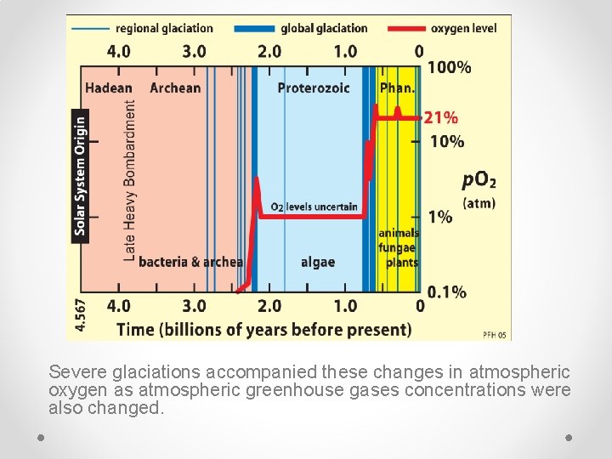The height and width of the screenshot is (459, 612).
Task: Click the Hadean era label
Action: pyautogui.click(x=108, y=88)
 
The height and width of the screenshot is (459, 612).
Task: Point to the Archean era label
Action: pyautogui.click(x=175, y=88)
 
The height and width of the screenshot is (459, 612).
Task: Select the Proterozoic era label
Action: pyautogui.click(x=314, y=88)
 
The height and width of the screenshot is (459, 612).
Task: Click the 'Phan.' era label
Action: pyautogui.click(x=397, y=88)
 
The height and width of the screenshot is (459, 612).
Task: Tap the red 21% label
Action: pyautogui.click(x=441, y=118)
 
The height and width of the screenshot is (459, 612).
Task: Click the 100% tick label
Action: pyautogui.click(x=449, y=67)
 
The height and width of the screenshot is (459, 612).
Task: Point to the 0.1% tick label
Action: pyautogui.click(x=446, y=292)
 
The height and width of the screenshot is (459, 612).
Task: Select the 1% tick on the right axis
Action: pyautogui.click(x=440, y=217)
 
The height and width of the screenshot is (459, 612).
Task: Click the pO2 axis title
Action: pyautogui.click(x=479, y=180)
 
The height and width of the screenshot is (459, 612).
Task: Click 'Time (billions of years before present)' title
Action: pyautogui.click(x=263, y=329)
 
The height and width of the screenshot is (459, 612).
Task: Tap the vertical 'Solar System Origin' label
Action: pyautogui.click(x=80, y=175)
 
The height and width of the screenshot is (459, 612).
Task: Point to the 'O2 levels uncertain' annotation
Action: pyautogui.click(x=314, y=207)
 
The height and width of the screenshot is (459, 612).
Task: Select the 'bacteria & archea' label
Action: pyautogui.click(x=190, y=262)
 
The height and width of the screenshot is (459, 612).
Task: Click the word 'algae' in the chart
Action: pyautogui.click(x=318, y=262)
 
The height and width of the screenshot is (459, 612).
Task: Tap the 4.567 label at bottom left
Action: pyautogui.click(x=80, y=314)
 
